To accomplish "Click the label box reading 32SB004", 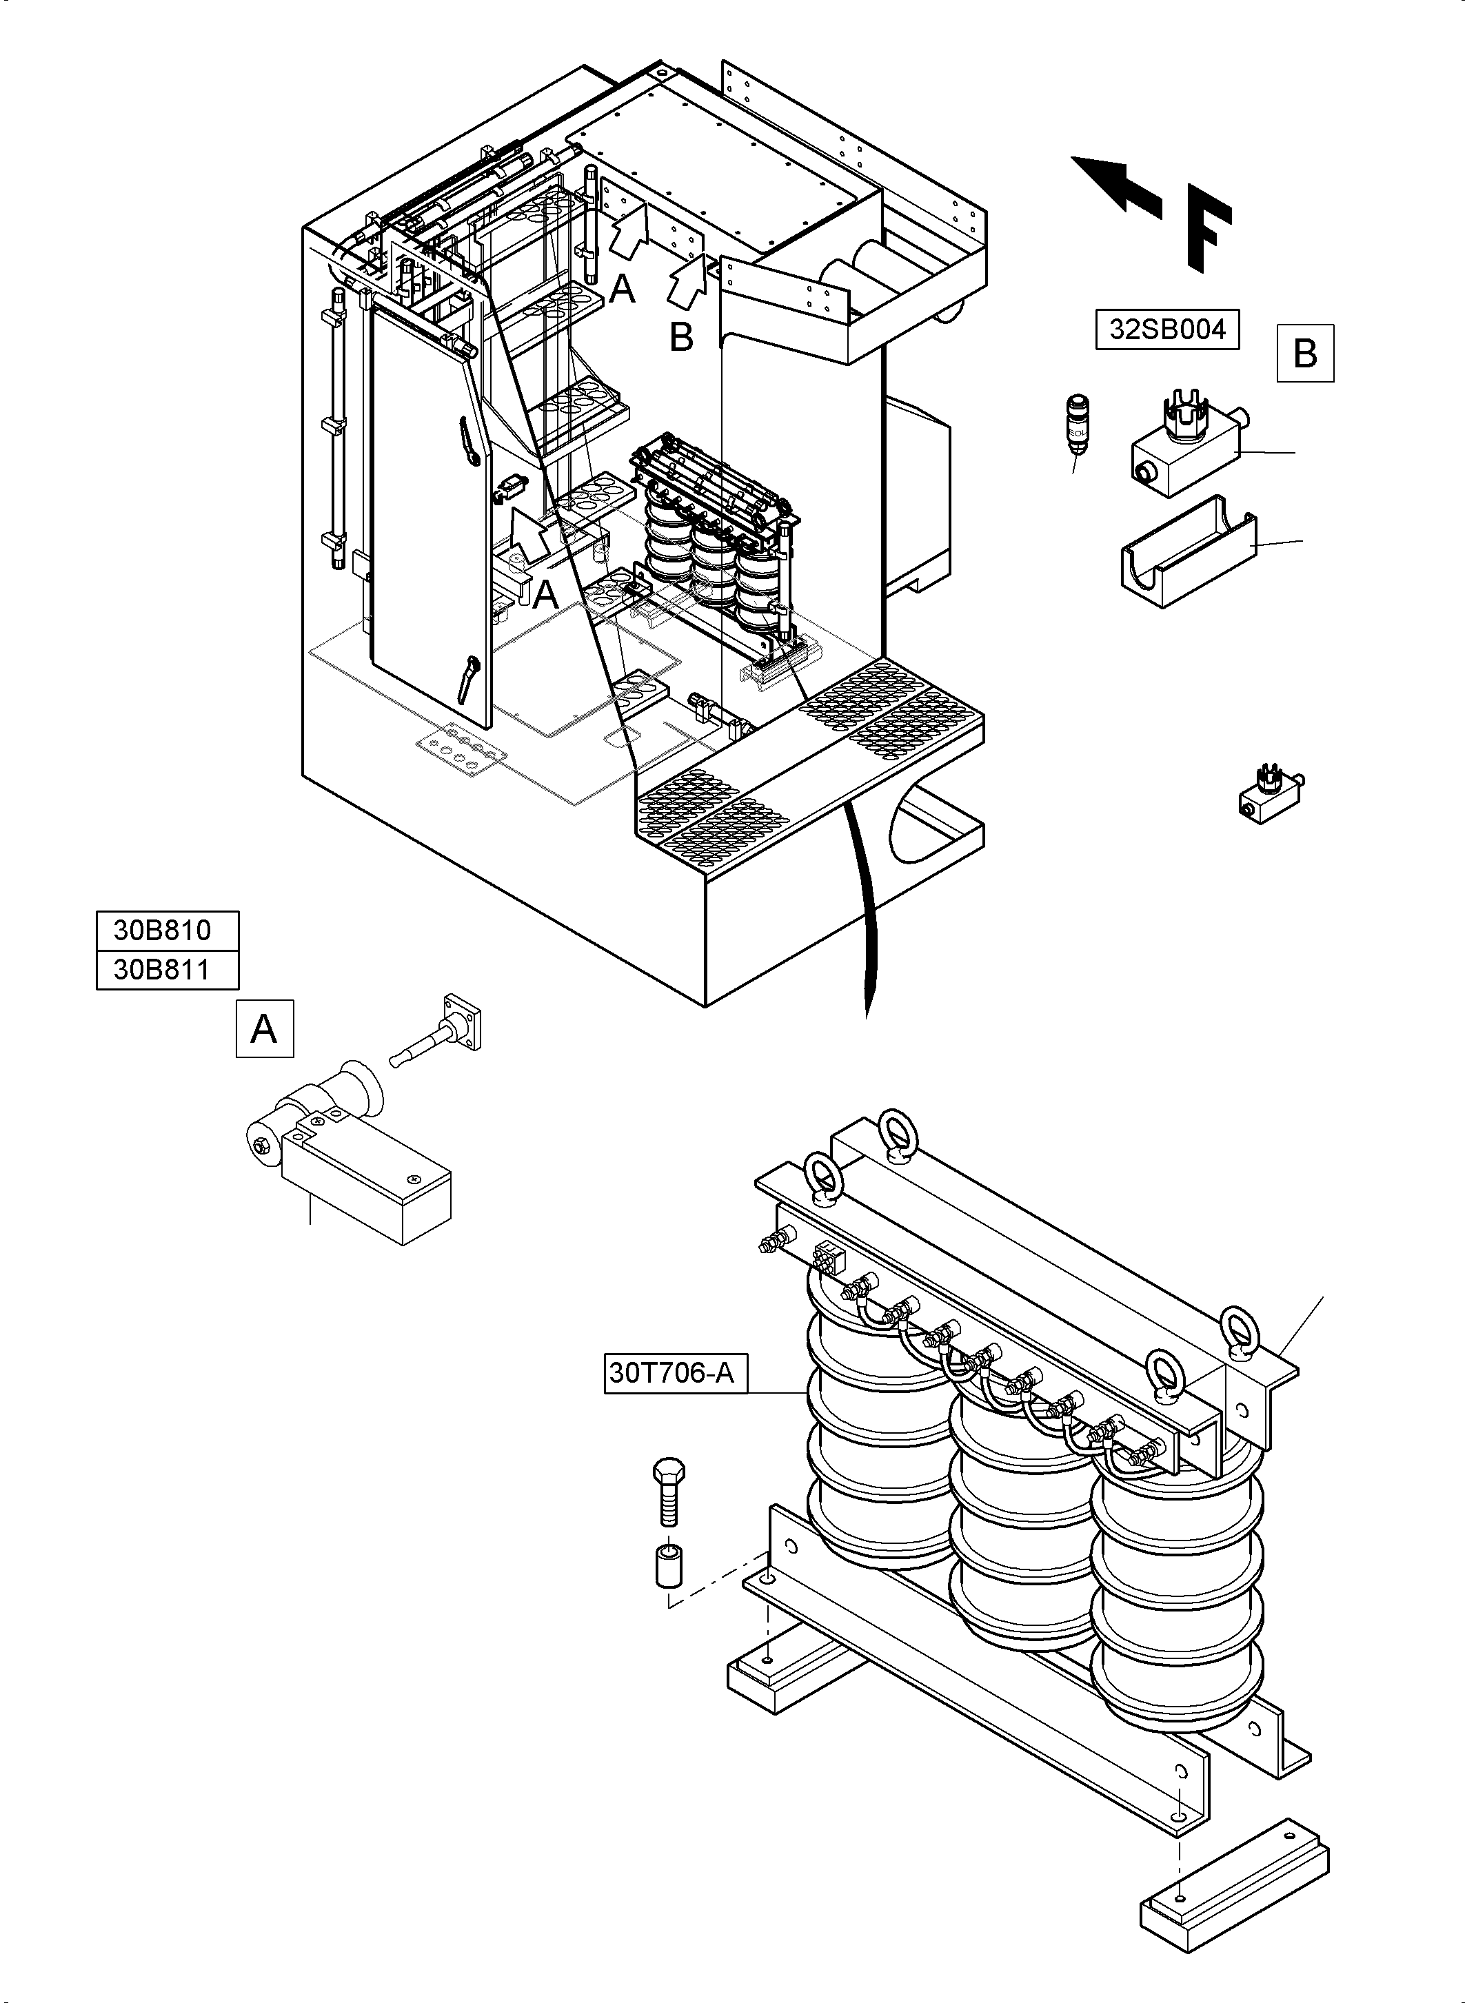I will [x=1167, y=329].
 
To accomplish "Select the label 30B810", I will [x=167, y=929].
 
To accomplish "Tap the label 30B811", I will [x=167, y=969].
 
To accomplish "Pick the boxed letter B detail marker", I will [x=1304, y=353].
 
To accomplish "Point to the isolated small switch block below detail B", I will [x=1270, y=792].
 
